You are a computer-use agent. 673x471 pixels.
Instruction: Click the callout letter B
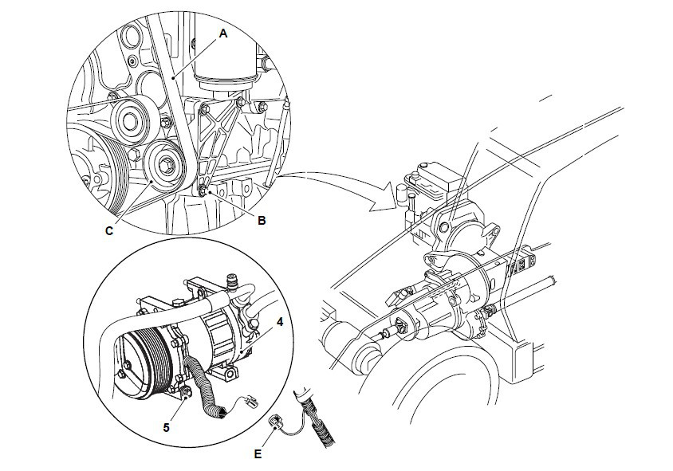(261, 221)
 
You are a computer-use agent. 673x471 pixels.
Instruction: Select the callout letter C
(109, 232)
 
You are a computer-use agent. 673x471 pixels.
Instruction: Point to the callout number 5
(167, 427)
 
